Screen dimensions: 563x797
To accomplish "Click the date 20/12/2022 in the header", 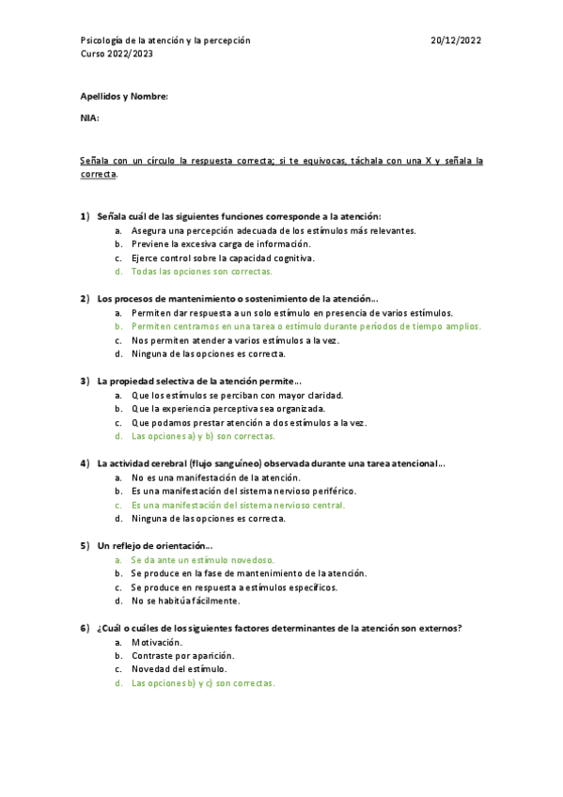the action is (456, 40).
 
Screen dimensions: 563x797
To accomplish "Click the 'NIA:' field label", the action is (89, 117).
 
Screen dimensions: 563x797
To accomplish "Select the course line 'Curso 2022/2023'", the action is (117, 54).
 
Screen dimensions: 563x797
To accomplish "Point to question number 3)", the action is (85, 381).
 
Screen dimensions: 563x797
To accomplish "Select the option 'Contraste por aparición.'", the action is (183, 655).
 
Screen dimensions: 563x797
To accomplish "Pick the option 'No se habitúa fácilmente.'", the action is (185, 601).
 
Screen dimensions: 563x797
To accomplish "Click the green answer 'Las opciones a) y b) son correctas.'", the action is (203, 436).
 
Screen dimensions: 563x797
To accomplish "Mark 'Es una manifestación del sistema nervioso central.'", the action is (239, 505).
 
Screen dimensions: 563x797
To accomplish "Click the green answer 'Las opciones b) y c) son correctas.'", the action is (203, 683).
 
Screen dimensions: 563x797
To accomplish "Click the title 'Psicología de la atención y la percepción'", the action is (164, 40).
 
